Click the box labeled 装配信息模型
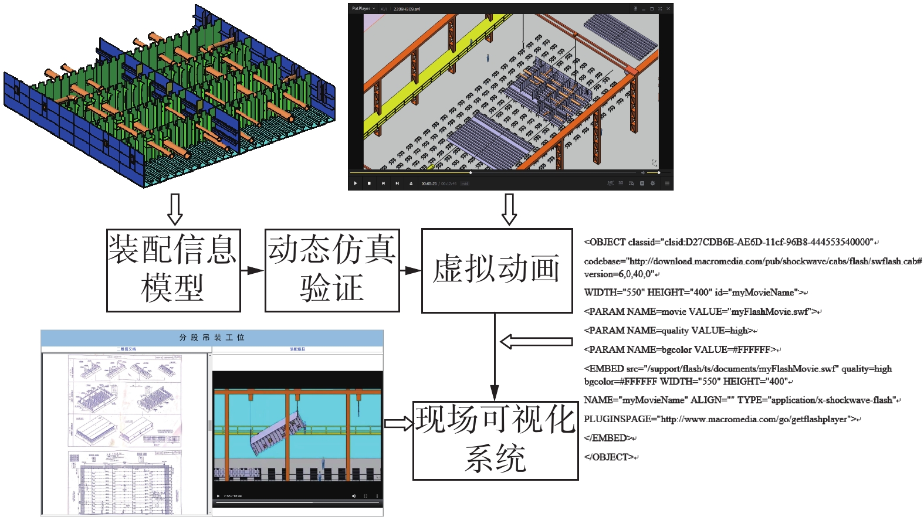(x=173, y=270)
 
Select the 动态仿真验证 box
(x=332, y=270)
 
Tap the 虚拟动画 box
(x=496, y=270)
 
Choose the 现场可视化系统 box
(x=495, y=440)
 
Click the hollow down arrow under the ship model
(x=175, y=209)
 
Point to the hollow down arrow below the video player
(x=509, y=209)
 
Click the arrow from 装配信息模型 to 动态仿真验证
(x=253, y=270)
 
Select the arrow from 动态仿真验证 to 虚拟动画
(x=411, y=270)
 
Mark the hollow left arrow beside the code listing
(x=535, y=342)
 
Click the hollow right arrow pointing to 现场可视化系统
(x=399, y=423)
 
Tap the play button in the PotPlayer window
(x=356, y=183)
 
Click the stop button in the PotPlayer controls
(x=369, y=183)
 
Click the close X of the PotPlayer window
(x=668, y=9)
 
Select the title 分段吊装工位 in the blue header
(x=212, y=338)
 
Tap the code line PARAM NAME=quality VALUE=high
(x=669, y=331)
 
